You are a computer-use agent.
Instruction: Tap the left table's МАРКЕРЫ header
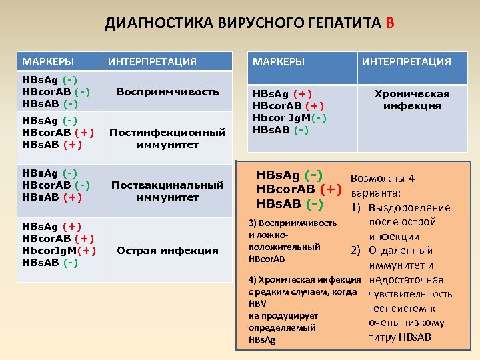coord(48,62)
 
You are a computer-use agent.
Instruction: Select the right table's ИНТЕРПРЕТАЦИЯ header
coord(407,62)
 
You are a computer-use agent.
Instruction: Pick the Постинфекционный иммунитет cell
coord(167,138)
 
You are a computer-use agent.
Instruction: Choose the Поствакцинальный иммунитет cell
coord(167,191)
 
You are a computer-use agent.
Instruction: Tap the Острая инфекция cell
coord(167,251)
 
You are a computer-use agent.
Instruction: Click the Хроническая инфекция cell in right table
coord(412,100)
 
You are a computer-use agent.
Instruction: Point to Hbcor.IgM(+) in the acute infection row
coord(60,251)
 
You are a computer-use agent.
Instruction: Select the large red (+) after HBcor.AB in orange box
coord(335,190)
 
